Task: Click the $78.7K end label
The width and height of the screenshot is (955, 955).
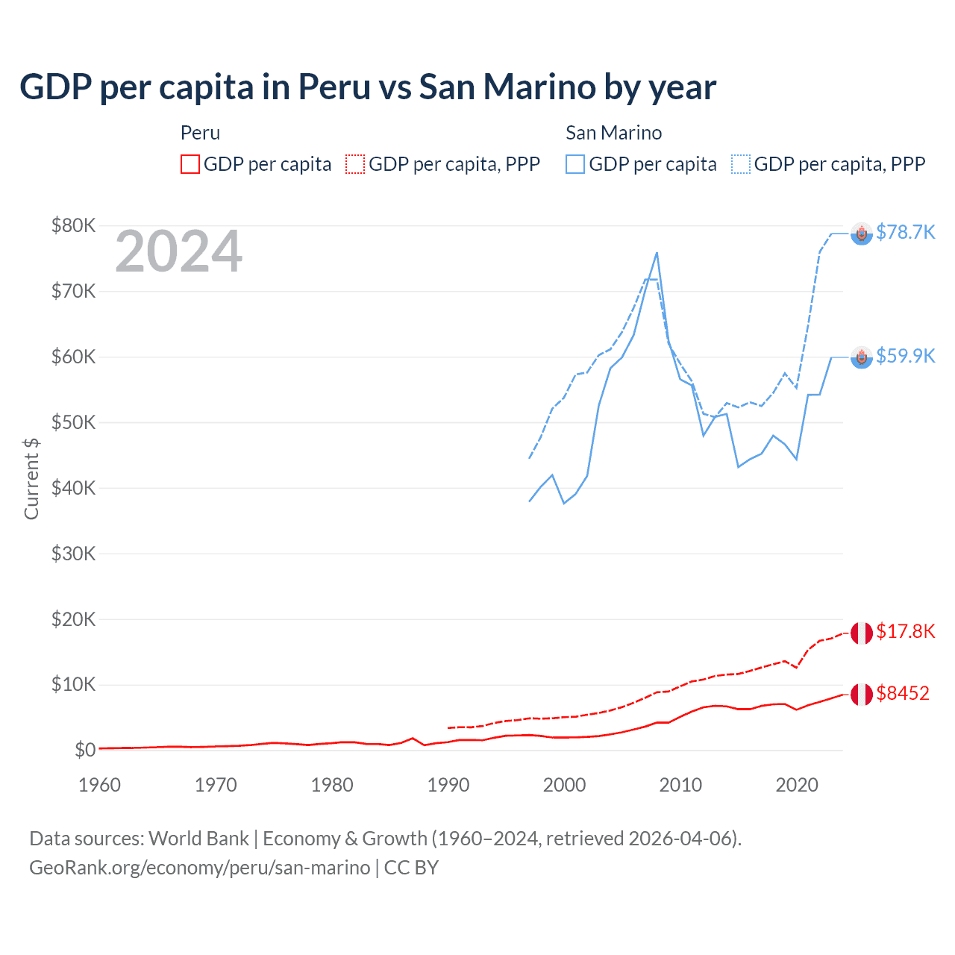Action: click(905, 233)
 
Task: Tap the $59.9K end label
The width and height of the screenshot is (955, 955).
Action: click(905, 356)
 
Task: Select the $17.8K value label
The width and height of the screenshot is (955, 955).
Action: click(905, 632)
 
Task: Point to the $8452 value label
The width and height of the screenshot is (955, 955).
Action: click(903, 693)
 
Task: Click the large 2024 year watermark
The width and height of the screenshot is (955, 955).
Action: click(179, 251)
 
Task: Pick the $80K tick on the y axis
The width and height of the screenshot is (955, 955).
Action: click(73, 225)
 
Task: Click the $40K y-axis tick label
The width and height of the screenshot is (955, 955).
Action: click(73, 488)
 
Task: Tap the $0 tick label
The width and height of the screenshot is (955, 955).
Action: click(84, 750)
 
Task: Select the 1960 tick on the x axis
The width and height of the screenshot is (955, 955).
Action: click(99, 785)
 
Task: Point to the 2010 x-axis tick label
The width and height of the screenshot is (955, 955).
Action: click(680, 785)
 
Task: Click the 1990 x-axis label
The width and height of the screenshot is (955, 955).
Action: click(448, 785)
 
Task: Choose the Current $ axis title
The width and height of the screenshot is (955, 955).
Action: click(31, 479)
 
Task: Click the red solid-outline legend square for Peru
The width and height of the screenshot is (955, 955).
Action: click(190, 164)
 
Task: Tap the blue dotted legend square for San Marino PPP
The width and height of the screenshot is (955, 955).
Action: click(741, 164)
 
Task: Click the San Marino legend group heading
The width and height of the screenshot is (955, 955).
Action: click(613, 133)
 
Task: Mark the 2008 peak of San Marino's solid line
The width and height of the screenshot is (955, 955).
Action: click(657, 253)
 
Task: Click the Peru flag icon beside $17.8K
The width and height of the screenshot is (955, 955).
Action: click(862, 633)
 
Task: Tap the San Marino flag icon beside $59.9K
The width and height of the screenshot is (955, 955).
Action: click(862, 357)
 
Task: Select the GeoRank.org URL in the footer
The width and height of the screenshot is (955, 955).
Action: click(199, 868)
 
